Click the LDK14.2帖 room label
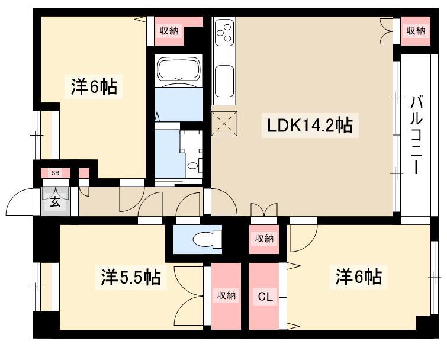tap(310, 126)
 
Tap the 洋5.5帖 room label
tap(131, 277)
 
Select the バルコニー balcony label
tap(416, 135)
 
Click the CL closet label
tap(265, 297)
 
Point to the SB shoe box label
tap(55, 173)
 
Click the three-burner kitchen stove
tap(224, 33)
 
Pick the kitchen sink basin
tap(224, 81)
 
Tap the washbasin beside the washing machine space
tap(193, 166)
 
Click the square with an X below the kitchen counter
tap(224, 124)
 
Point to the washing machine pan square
tap(191, 142)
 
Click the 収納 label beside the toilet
tap(264, 238)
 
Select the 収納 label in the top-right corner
tap(416, 31)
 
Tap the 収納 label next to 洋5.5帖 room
tap(226, 295)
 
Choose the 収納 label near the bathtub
tap(169, 31)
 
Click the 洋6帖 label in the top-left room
tap(94, 87)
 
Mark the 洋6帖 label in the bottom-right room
tap(359, 277)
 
